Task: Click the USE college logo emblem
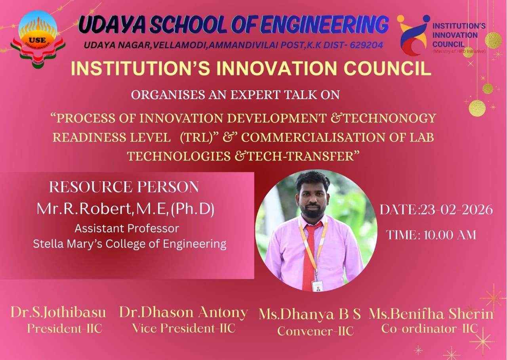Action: tap(38, 39)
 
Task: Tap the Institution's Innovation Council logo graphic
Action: tap(413, 35)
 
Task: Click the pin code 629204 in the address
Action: tap(366, 45)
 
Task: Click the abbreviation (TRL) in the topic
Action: tap(196, 137)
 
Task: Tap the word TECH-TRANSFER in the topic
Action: tap(303, 156)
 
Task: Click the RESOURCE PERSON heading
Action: tap(124, 187)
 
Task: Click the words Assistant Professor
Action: tap(127, 228)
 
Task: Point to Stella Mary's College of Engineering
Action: tap(130, 244)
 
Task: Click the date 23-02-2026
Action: tap(456, 210)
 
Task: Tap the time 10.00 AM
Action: tap(450, 235)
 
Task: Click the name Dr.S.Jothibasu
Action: tap(58, 312)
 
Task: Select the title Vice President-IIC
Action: tap(183, 328)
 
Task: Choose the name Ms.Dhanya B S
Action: tap(310, 314)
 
